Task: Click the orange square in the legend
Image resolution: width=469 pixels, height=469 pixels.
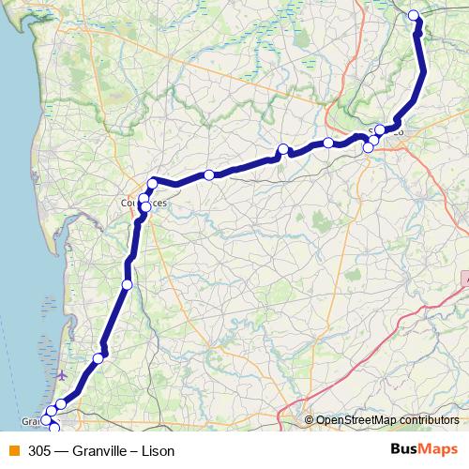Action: [13, 451]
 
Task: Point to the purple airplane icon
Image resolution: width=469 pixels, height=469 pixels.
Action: [63, 376]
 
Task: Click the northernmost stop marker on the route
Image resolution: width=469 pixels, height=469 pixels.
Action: [414, 15]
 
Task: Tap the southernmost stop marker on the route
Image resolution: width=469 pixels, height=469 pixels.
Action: [53, 429]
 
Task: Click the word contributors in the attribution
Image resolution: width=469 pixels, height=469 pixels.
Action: [431, 421]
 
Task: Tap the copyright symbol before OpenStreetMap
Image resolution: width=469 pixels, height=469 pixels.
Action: [310, 421]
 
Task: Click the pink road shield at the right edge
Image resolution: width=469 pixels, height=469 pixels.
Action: [465, 279]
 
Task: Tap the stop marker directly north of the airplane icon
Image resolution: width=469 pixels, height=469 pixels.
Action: [98, 358]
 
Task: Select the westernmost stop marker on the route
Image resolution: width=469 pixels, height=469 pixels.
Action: [45, 420]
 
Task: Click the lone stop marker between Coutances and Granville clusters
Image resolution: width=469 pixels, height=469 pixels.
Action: [128, 284]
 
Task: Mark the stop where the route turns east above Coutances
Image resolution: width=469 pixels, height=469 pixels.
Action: [152, 183]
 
